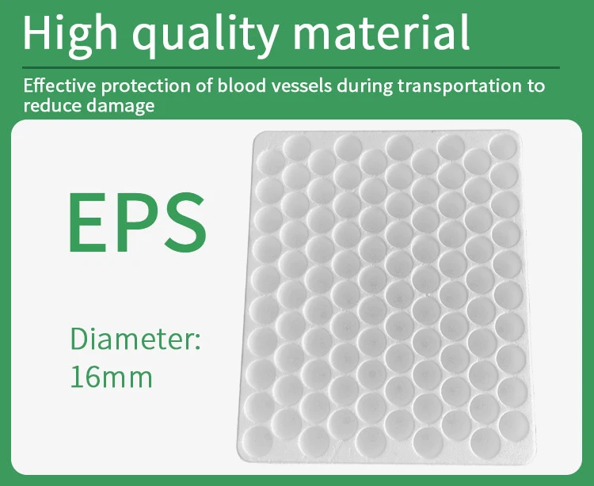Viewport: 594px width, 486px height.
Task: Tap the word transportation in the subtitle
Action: [455, 85]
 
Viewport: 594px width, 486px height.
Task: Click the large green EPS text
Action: [137, 219]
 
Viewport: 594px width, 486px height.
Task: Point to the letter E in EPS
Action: [85, 219]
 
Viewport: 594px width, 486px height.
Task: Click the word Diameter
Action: [135, 338]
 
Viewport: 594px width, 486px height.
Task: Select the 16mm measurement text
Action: [111, 376]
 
